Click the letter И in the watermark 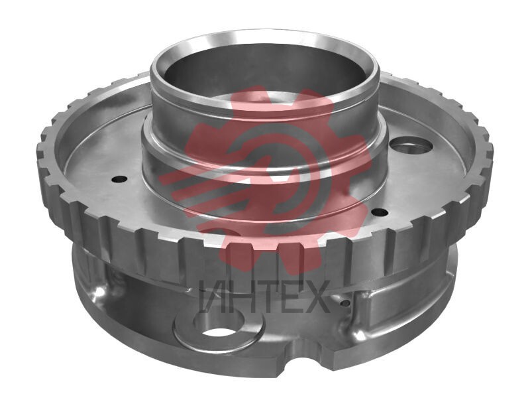coord(212,296)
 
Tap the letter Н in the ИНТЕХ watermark coord(239,296)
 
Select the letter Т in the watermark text coord(264,296)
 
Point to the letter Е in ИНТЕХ coord(290,296)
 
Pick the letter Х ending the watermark coord(316,296)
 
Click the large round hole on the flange coord(411,147)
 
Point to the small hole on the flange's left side coord(119,179)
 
